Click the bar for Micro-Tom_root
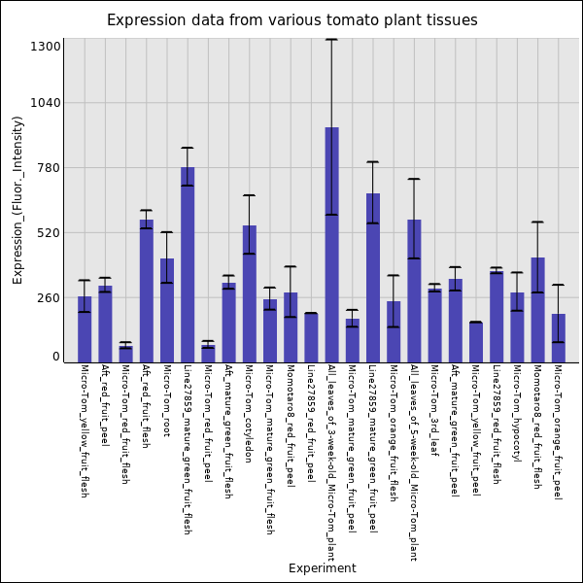(x=167, y=309)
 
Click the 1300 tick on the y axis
(x=47, y=47)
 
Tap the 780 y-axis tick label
(x=50, y=168)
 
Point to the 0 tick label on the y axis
(x=56, y=357)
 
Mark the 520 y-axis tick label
(x=50, y=233)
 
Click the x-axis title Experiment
(x=322, y=568)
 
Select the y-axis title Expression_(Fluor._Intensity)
(x=17, y=199)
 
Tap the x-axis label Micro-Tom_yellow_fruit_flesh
(x=85, y=430)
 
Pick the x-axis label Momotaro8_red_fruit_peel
(x=291, y=426)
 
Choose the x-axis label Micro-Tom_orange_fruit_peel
(x=558, y=431)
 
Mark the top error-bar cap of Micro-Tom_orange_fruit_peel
(x=558, y=285)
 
